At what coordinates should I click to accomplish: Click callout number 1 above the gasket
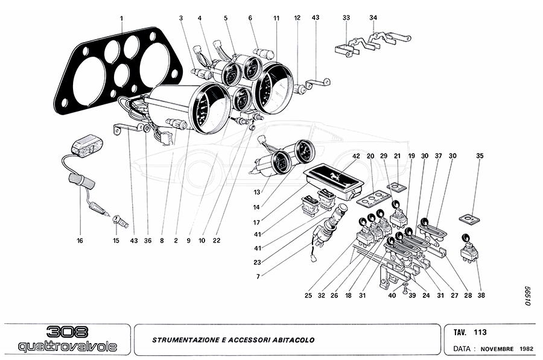(121, 18)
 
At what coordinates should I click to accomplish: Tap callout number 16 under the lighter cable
(80, 241)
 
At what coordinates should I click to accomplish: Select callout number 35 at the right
(480, 156)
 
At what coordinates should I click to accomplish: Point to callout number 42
(357, 156)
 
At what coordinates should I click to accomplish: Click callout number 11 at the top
(276, 18)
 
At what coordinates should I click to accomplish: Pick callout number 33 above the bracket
(346, 18)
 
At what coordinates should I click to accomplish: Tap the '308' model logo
(68, 332)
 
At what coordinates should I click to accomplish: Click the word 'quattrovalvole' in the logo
(68, 347)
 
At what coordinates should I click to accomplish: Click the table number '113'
(480, 332)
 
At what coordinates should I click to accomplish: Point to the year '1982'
(526, 349)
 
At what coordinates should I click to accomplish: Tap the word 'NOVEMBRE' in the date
(498, 349)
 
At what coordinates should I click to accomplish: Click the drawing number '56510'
(527, 296)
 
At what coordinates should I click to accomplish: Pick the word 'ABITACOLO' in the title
(293, 340)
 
